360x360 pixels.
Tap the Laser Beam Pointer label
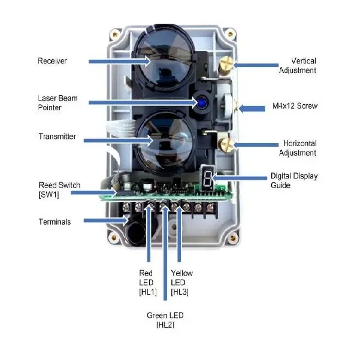coord(54,102)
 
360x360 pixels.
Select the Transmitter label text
coord(57,137)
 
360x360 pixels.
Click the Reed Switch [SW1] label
coord(59,189)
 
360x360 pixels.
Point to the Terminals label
coord(54,222)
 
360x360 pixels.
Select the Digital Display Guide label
coord(294,180)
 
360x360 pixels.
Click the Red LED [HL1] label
coord(146,283)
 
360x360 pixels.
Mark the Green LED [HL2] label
coord(165,319)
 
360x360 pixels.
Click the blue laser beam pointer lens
coord(202,102)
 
